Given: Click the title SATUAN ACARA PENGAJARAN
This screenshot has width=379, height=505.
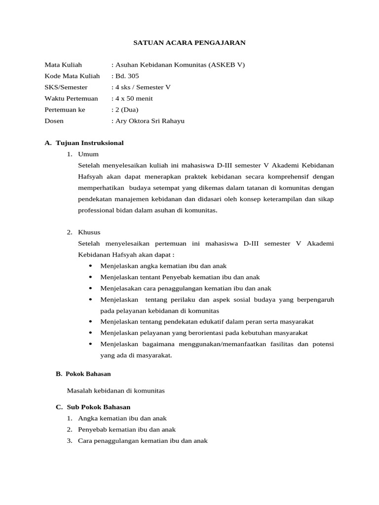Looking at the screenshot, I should click(189, 43).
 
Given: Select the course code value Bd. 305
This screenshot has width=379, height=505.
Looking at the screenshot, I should click(127, 76).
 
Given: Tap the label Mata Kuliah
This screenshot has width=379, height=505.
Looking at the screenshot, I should click(63, 65).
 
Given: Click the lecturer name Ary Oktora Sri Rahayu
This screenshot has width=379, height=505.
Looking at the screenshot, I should click(150, 121).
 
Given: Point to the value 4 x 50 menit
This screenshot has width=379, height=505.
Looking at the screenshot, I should click(134, 99).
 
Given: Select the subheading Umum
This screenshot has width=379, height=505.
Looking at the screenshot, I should click(88, 154).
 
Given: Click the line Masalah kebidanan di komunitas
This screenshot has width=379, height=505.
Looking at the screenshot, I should click(115, 391).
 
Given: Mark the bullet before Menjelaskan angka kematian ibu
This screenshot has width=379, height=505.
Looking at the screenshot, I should click(91, 266).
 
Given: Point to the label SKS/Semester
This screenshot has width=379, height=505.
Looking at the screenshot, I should click(66, 87).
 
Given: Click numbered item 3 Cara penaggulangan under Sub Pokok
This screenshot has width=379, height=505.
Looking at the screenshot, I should click(143, 441).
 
